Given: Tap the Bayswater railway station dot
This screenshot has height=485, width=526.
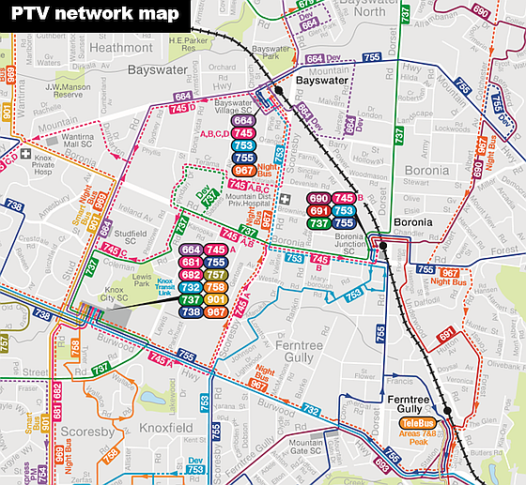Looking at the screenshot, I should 278,91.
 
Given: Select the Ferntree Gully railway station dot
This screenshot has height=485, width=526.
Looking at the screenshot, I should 448,410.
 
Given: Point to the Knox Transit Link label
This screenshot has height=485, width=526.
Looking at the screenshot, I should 165,285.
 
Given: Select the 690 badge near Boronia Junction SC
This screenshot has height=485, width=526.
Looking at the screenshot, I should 318,199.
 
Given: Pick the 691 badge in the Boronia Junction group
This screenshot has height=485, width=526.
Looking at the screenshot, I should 318,211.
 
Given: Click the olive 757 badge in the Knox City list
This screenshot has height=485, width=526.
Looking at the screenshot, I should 215,274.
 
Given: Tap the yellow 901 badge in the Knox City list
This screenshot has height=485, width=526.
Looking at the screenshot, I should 215,299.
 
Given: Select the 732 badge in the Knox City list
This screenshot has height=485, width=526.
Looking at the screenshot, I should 191,287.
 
